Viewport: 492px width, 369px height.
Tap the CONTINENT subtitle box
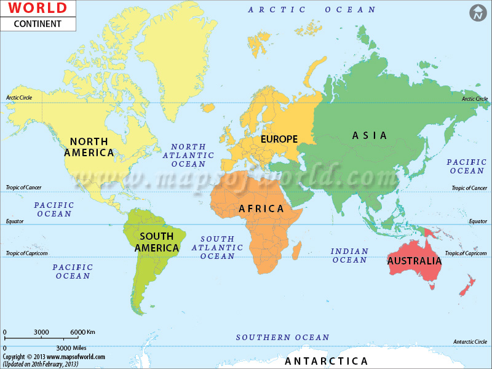[38, 24]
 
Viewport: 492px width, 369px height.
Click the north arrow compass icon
[478, 14]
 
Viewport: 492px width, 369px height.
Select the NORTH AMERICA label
[89, 147]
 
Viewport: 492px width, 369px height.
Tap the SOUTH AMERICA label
[157, 242]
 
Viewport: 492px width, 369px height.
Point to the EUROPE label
[279, 139]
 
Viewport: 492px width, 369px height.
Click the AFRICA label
[261, 209]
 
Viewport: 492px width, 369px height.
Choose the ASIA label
[369, 135]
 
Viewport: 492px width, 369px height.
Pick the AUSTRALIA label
[415, 261]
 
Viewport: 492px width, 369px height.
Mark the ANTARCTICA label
[326, 361]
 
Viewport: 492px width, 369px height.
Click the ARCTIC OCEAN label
[312, 10]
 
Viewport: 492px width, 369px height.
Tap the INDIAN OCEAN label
[349, 256]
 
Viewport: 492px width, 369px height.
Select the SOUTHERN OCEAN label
[282, 337]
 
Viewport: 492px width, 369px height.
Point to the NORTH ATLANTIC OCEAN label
[188, 156]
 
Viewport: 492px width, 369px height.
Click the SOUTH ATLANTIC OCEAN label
[217, 247]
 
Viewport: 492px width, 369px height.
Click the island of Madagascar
[296, 248]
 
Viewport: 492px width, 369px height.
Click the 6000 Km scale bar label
[82, 332]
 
